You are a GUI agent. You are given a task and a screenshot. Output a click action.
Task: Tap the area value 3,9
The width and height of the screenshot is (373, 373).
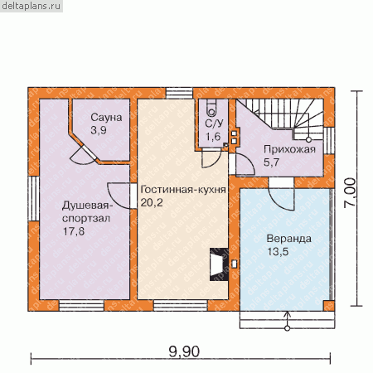pyautogui.click(x=99, y=130)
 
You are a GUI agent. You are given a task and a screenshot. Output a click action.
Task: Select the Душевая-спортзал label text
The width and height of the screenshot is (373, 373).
pyautogui.click(x=87, y=212)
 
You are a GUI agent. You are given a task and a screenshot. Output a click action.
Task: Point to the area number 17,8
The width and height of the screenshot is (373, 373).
pyautogui.click(x=74, y=231)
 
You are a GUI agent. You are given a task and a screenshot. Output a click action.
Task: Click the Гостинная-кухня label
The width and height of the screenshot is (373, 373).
pyautogui.click(x=183, y=190)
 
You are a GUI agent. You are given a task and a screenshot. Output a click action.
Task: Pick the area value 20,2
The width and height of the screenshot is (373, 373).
pyautogui.click(x=152, y=202)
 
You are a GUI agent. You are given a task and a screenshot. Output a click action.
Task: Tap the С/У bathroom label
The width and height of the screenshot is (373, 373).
pyautogui.click(x=214, y=124)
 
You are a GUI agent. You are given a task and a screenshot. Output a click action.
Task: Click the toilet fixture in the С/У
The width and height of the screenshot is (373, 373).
pyautogui.click(x=212, y=108)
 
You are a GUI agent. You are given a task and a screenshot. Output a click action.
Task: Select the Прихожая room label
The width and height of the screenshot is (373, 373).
pyautogui.click(x=289, y=149)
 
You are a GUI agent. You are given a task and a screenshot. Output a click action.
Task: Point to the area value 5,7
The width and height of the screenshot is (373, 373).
pyautogui.click(x=272, y=162)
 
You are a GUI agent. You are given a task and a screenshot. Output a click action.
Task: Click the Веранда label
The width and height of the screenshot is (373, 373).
pyautogui.click(x=288, y=239)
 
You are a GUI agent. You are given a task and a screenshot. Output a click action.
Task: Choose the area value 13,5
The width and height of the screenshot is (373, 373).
pyautogui.click(x=278, y=252)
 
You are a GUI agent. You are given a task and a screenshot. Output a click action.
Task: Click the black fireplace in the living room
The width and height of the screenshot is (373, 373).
pyautogui.click(x=219, y=264)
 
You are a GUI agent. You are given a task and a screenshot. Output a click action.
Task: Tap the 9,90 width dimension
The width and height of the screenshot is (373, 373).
pyautogui.click(x=184, y=352)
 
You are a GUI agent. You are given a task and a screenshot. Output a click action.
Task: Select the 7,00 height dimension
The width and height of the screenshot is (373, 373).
pyautogui.click(x=350, y=193)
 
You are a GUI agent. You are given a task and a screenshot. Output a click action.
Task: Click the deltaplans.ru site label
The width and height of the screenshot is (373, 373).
pyautogui.click(x=31, y=6)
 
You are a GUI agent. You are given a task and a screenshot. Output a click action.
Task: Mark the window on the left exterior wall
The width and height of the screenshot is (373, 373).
pyautogui.click(x=34, y=198)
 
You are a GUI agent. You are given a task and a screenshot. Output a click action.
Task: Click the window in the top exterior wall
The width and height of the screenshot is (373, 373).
pyautogui.click(x=179, y=93)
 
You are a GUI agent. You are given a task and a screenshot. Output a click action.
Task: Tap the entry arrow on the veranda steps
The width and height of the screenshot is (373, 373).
pyautogui.click(x=288, y=321)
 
